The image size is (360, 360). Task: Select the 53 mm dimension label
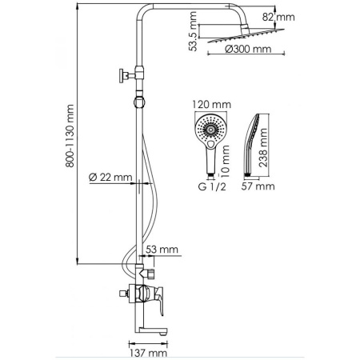coord(164,250)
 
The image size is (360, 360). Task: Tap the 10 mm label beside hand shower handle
coord(226,163)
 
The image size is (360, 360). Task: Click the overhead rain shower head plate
coord(239,37)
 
